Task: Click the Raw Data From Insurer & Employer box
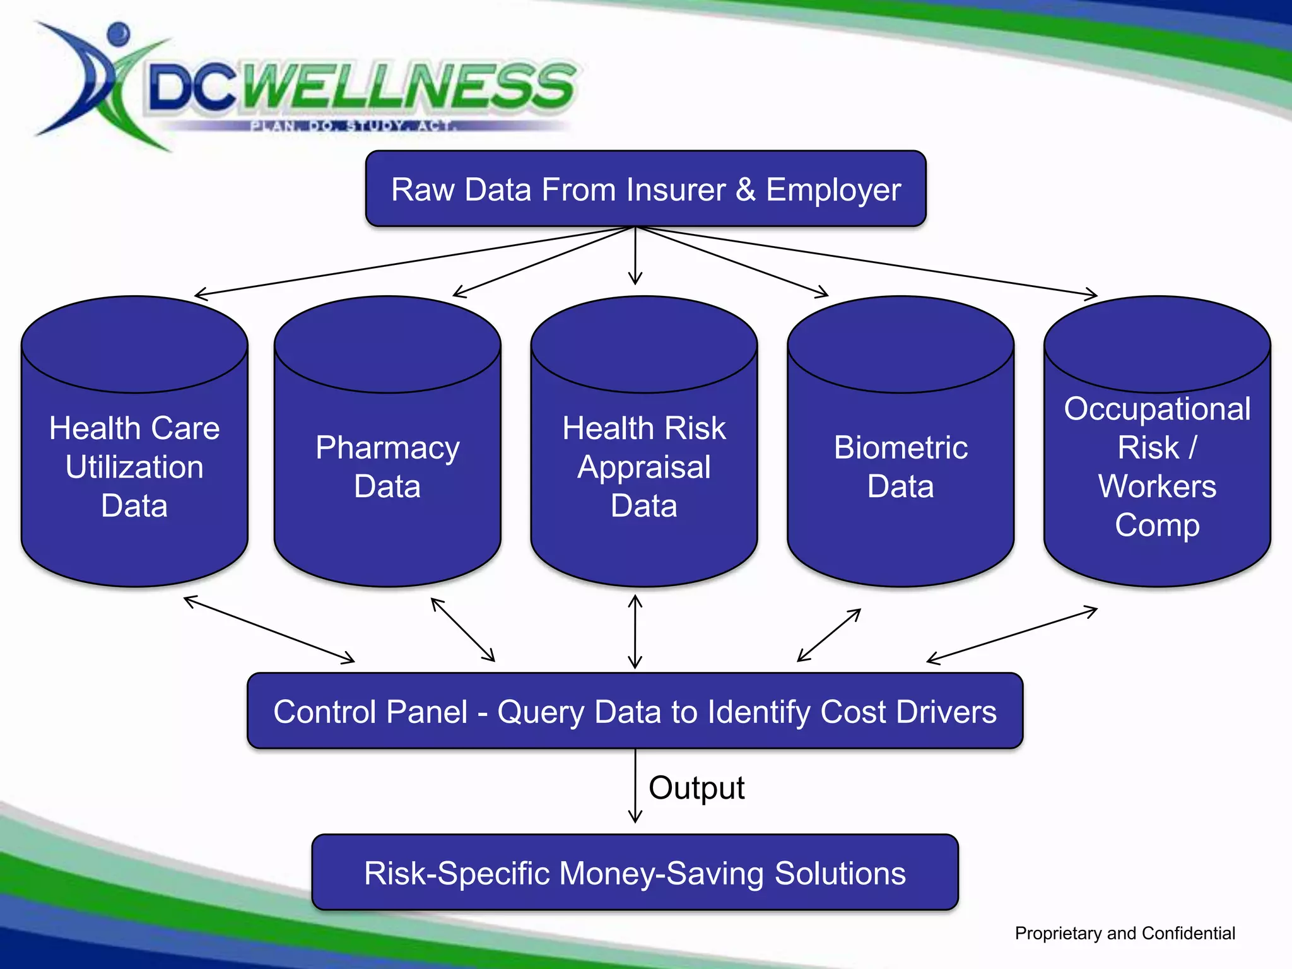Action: (x=645, y=189)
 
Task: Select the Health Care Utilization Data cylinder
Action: (x=134, y=467)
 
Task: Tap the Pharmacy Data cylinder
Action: (x=387, y=467)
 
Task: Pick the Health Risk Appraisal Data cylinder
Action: (x=643, y=467)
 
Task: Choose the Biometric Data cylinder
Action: (x=900, y=467)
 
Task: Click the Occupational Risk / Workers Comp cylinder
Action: (x=1157, y=467)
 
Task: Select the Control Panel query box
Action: (x=635, y=711)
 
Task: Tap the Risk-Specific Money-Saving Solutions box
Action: (x=635, y=872)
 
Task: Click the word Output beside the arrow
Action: (x=696, y=788)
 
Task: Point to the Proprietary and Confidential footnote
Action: (x=1125, y=933)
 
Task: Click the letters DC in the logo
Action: (x=192, y=88)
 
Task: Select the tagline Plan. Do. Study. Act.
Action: (x=353, y=126)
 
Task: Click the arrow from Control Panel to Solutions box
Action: (x=635, y=785)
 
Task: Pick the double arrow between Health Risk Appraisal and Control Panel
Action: (x=635, y=631)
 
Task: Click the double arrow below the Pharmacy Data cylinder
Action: (x=463, y=630)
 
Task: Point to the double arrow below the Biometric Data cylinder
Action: (x=829, y=635)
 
